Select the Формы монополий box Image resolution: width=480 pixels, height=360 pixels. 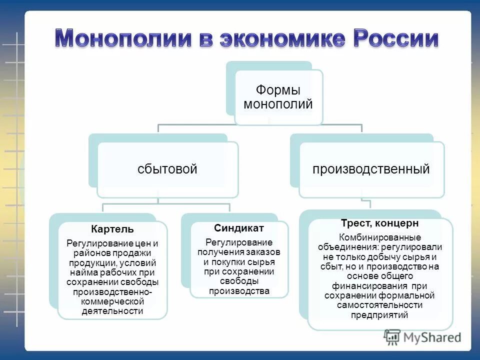(278, 97)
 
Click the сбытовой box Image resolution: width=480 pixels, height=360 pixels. (167, 169)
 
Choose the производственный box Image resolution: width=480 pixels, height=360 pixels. (371, 169)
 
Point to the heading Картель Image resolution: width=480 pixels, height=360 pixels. (112, 229)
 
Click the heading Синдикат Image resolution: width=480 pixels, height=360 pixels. (239, 228)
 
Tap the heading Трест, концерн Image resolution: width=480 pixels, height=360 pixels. (379, 223)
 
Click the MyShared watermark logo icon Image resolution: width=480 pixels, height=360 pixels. (392, 336)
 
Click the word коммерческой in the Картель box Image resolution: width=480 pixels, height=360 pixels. (112, 301)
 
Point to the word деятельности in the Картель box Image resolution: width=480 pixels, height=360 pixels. (112, 311)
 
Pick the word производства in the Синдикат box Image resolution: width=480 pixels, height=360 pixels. (239, 291)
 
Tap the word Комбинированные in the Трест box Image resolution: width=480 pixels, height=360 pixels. (380, 237)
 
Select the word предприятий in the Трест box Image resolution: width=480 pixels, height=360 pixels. (379, 314)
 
